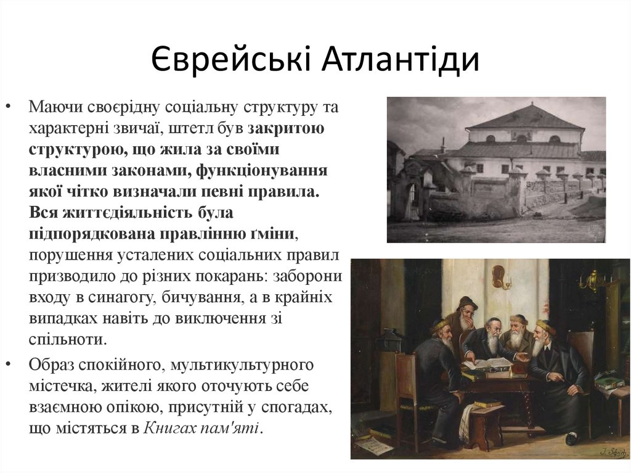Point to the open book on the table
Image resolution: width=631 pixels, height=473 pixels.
[x=487, y=363]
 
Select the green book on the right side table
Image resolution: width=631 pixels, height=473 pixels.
[x=610, y=382]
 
